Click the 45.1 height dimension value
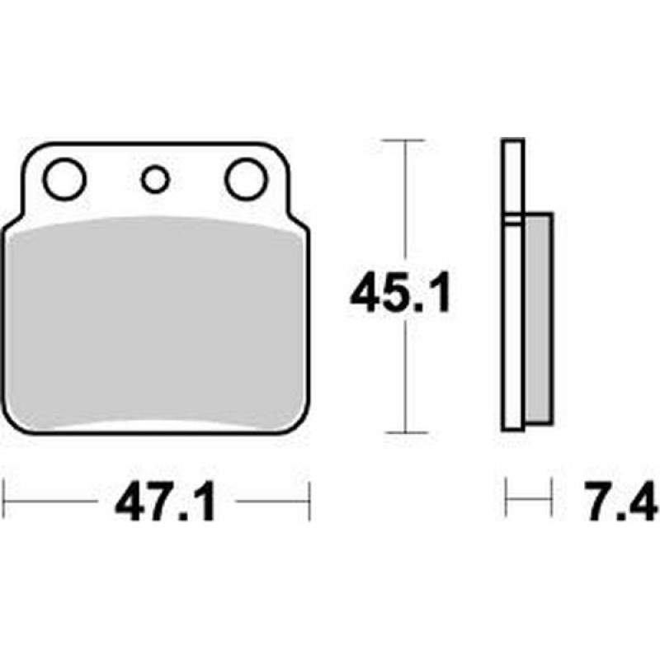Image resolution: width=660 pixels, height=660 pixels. click(400, 292)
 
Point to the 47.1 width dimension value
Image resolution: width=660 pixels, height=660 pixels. click(166, 502)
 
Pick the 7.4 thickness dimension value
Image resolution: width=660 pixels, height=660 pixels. click(621, 501)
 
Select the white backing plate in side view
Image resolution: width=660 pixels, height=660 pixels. click(512, 285)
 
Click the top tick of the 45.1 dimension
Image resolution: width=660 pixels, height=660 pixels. click(405, 139)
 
